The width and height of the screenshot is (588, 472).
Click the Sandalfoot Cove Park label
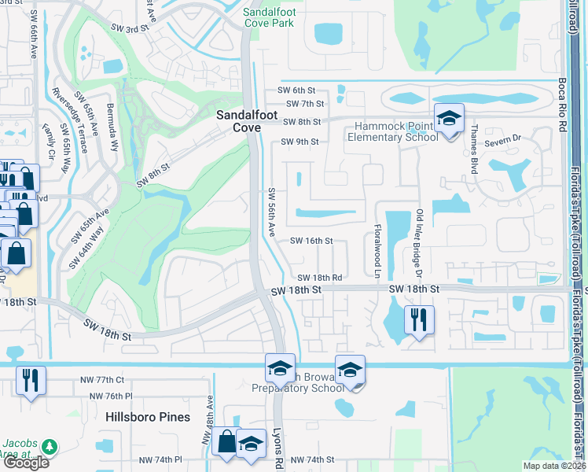point(273,18)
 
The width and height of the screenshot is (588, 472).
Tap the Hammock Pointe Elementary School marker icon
point(449,120)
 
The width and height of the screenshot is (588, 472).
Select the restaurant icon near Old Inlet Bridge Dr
point(418,319)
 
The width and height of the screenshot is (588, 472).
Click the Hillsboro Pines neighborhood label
point(149,417)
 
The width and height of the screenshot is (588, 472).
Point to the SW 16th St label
point(312,242)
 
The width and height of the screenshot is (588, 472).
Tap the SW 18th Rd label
point(320,278)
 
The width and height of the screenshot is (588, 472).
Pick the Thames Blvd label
point(473,146)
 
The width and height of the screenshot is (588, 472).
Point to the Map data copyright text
point(553,466)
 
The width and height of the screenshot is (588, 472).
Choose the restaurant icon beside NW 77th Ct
point(31,382)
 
